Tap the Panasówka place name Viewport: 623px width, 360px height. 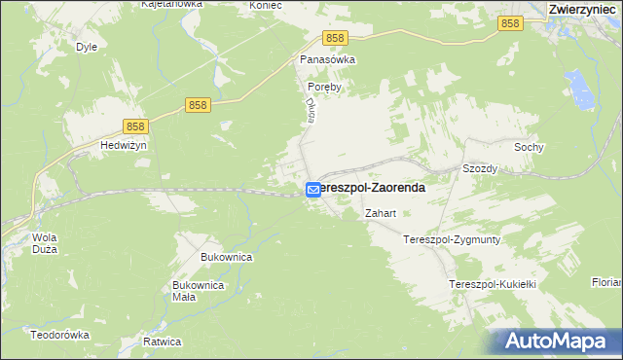pos(327,59)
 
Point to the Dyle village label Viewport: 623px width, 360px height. pos(87,46)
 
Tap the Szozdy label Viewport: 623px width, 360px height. pos(480,168)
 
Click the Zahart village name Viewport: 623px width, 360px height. pos(379,213)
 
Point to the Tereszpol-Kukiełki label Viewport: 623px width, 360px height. pos(493,283)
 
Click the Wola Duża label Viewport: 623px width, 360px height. pos(45,243)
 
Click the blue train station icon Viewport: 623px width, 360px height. pos(313,190)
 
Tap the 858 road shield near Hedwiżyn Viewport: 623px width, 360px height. pos(136,126)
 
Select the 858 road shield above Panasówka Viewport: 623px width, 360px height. pos(336,38)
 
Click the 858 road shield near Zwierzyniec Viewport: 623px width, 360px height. pos(509,24)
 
